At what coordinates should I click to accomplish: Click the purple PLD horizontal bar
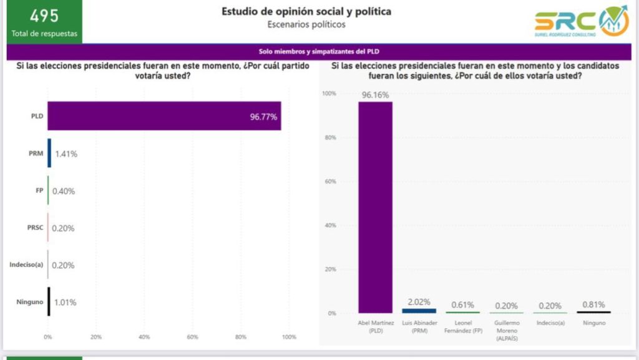point(164,116)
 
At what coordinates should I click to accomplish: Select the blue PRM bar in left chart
point(49,153)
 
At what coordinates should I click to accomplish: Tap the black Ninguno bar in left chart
point(49,302)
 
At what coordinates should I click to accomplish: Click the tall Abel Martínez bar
point(375,207)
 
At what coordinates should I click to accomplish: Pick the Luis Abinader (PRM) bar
point(419,311)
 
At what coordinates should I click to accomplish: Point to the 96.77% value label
point(263,117)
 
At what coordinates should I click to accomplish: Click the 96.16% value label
point(375,95)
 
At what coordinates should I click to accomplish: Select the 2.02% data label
point(419,302)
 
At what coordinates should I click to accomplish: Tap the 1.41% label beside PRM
point(66,153)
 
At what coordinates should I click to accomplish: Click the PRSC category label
point(35,228)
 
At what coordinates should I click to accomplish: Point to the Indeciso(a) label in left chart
point(26,265)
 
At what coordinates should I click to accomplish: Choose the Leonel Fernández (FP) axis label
point(463,326)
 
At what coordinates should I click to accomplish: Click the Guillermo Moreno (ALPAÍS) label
point(506,330)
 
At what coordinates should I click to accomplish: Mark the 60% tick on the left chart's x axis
point(192,337)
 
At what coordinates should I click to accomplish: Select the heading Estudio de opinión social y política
point(306,11)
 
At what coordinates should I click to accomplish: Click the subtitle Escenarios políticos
point(306,24)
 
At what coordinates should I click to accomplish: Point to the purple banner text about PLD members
point(319,52)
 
